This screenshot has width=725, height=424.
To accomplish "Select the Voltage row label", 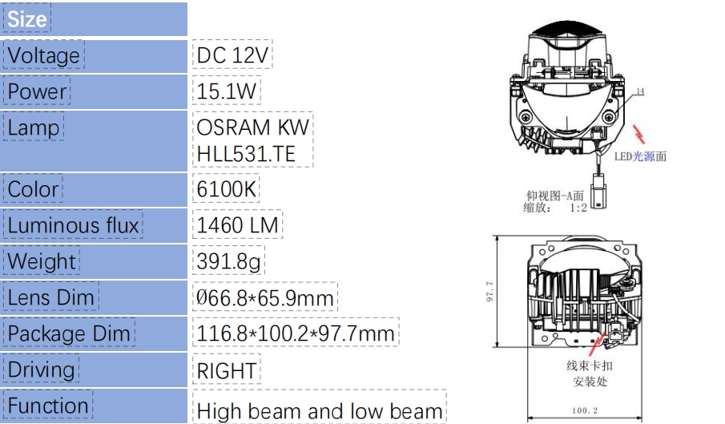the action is click(43, 55).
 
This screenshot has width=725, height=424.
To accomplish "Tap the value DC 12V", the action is click(232, 55).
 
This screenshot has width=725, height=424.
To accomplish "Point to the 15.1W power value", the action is click(226, 91).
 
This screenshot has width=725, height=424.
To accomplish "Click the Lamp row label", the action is click(34, 127).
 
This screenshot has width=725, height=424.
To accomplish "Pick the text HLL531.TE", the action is click(246, 154).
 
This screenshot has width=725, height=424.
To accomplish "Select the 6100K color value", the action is click(226, 189).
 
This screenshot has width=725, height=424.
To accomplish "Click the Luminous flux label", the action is click(73, 225).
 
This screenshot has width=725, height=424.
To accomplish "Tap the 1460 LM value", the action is click(238, 225).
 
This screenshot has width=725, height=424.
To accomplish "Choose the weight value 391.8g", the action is click(228, 261).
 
